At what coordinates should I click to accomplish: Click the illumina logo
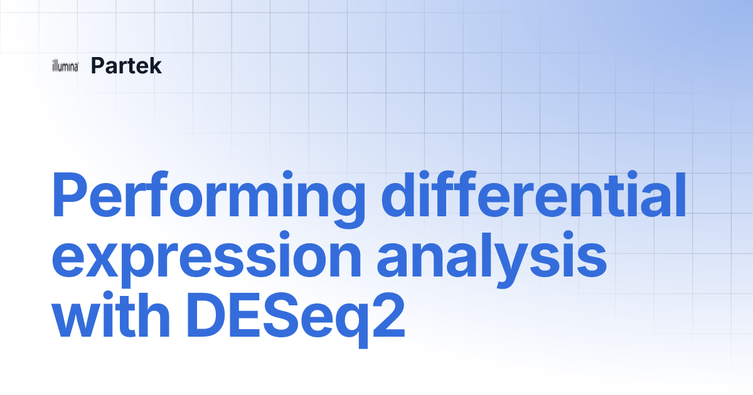tap(65, 66)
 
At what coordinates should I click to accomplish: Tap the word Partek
tap(126, 65)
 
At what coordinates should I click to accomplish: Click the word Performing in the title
tap(208, 199)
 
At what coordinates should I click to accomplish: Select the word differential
tap(534, 194)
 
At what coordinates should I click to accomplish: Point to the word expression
tap(206, 258)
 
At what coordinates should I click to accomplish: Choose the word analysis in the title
tap(492, 258)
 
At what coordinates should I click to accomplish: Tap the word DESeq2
tap(296, 320)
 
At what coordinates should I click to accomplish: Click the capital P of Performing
tap(69, 194)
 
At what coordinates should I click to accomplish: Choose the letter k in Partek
tap(154, 65)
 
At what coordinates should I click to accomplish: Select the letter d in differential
tap(398, 194)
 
